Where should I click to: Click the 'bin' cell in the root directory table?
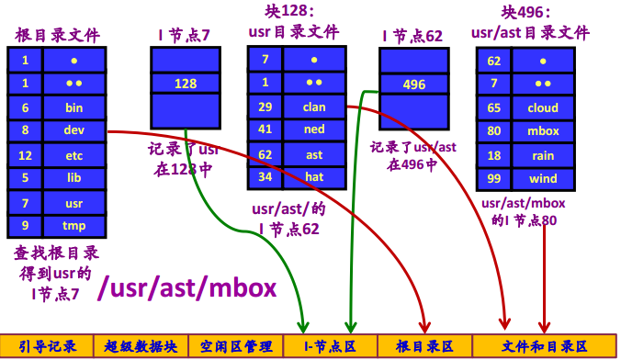[73, 107]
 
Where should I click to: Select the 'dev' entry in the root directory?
[73, 130]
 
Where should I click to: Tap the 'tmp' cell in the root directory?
[73, 225]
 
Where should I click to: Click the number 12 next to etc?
[26, 155]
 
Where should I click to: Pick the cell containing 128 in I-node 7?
[186, 84]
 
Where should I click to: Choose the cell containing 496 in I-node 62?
[414, 84]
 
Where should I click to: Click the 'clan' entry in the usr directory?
[314, 107]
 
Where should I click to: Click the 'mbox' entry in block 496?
[543, 131]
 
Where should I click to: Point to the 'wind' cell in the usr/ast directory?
[543, 178]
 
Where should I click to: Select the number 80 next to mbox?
[493, 131]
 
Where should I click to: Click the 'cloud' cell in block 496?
[543, 107]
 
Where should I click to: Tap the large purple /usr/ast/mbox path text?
[187, 288]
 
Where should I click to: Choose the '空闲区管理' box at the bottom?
[233, 346]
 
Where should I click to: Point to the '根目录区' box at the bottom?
[423, 346]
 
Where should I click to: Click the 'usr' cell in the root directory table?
[73, 201]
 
